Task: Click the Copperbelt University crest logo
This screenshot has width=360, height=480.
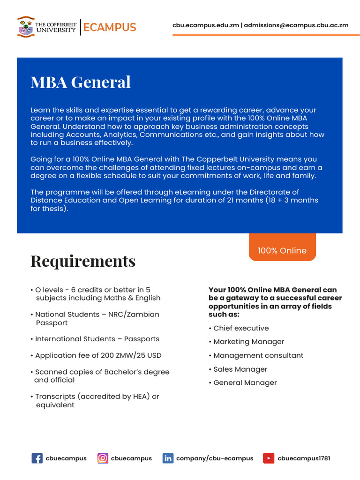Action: (26, 27)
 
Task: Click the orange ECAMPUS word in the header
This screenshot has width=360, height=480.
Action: (110, 27)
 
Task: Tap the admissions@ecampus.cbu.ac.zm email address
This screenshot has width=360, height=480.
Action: (296, 25)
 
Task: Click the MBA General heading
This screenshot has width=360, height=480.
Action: (81, 82)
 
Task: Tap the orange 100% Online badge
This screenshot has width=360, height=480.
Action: (282, 250)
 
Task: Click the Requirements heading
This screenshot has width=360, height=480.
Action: (83, 261)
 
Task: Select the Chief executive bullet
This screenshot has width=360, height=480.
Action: (241, 328)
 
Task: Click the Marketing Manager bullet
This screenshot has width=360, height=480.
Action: (248, 342)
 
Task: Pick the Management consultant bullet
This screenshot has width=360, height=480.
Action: (258, 355)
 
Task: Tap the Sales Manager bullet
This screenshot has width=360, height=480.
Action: (240, 369)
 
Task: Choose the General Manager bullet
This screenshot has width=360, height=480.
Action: (245, 383)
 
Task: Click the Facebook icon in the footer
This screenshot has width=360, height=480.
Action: (37, 458)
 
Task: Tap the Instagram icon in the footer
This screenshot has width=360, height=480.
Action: (103, 458)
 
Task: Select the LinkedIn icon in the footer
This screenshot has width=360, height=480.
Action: (168, 458)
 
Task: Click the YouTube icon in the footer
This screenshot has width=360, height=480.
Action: (269, 458)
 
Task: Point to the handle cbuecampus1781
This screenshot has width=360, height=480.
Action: (304, 458)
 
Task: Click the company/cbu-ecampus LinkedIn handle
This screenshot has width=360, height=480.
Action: (215, 458)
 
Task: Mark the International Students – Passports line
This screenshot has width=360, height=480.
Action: (97, 339)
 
